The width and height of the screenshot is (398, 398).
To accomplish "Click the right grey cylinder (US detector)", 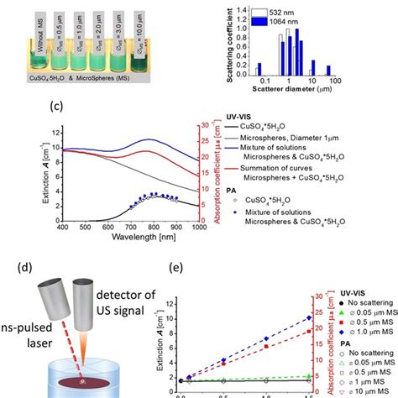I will (86, 302).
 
